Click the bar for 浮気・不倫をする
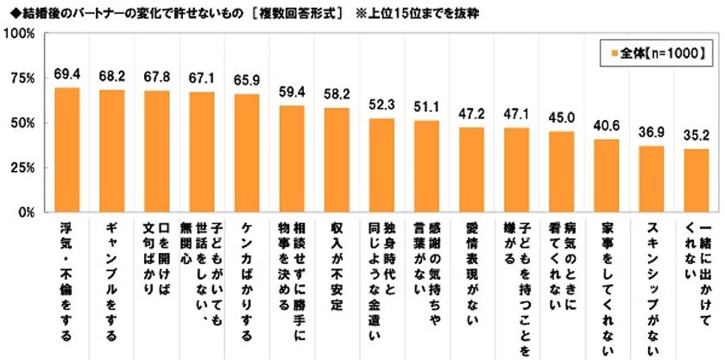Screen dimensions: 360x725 click(x=67, y=149)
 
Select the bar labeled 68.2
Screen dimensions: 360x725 click(x=112, y=150)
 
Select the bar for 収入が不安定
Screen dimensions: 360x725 click(x=337, y=160)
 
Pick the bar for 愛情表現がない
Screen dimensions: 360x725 click(x=472, y=169)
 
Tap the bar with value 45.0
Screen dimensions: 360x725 click(x=562, y=171)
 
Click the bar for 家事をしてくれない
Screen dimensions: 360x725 click(x=607, y=175)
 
